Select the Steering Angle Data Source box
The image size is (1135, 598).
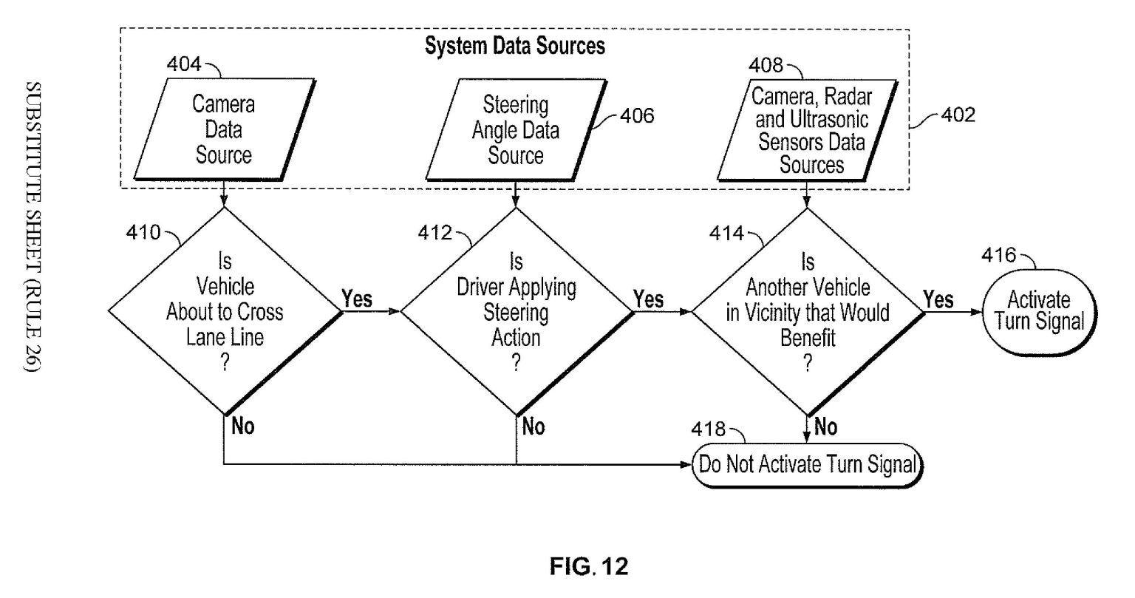pyautogui.click(x=516, y=129)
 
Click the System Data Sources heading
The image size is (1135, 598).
pyautogui.click(x=514, y=46)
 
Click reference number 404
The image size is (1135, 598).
pyautogui.click(x=183, y=64)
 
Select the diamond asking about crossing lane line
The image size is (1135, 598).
pyautogui.click(x=224, y=310)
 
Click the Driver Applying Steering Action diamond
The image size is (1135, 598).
pyautogui.click(x=516, y=310)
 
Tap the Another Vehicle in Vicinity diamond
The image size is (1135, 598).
pyautogui.click(x=807, y=310)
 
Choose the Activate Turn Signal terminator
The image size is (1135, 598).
pyautogui.click(x=1038, y=310)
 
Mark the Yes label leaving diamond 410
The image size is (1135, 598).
pyautogui.click(x=357, y=299)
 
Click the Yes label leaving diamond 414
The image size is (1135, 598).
pyautogui.click(x=938, y=299)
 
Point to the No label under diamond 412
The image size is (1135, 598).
pyautogui.click(x=533, y=427)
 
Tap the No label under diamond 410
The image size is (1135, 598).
pyautogui.click(x=243, y=427)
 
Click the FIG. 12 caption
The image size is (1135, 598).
pyautogui.click(x=589, y=567)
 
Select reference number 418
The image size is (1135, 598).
pyautogui.click(x=708, y=429)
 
